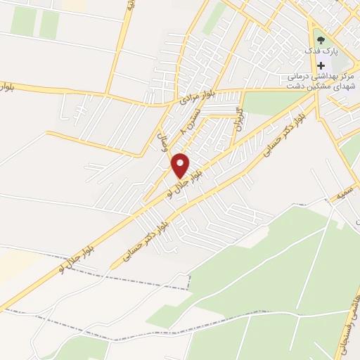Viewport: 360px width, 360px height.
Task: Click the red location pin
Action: [x=181, y=166]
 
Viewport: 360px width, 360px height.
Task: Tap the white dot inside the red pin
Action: [x=181, y=162]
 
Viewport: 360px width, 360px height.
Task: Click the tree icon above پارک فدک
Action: [x=321, y=39]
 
